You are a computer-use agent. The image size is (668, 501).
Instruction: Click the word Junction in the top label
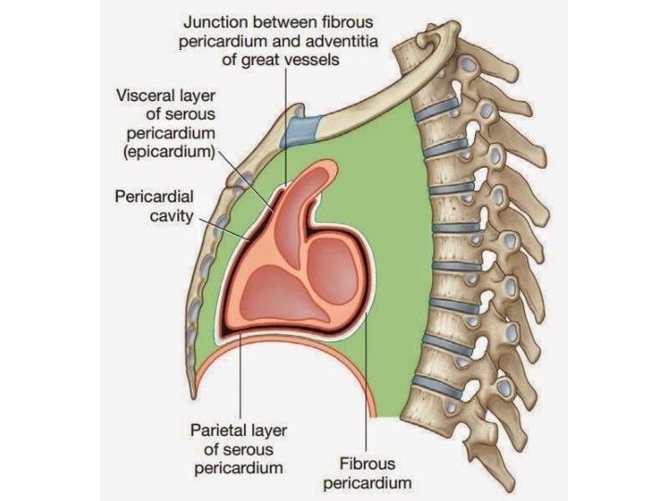click(x=215, y=20)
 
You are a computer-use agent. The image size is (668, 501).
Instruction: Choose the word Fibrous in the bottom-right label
click(x=367, y=463)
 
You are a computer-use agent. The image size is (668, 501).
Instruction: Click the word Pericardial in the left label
click(x=154, y=197)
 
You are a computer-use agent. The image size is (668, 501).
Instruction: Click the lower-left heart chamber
click(x=269, y=288)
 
